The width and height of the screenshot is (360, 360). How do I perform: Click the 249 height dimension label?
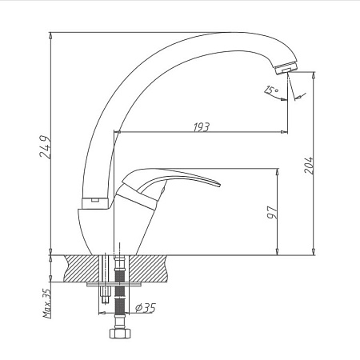point(45,147)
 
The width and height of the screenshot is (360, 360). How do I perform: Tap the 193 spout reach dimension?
point(202,127)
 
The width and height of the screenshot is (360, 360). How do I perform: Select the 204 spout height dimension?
point(309,165)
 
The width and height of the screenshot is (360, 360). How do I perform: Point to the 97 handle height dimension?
point(272,212)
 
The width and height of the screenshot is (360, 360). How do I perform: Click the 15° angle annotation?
point(271,90)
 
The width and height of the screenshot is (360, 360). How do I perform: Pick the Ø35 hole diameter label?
point(146,308)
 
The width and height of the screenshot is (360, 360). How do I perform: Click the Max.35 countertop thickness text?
point(47,304)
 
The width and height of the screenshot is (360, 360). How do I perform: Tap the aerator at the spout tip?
point(286,68)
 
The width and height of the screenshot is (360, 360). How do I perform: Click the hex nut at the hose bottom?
point(120,334)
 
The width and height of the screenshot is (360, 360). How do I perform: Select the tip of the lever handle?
point(219,185)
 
